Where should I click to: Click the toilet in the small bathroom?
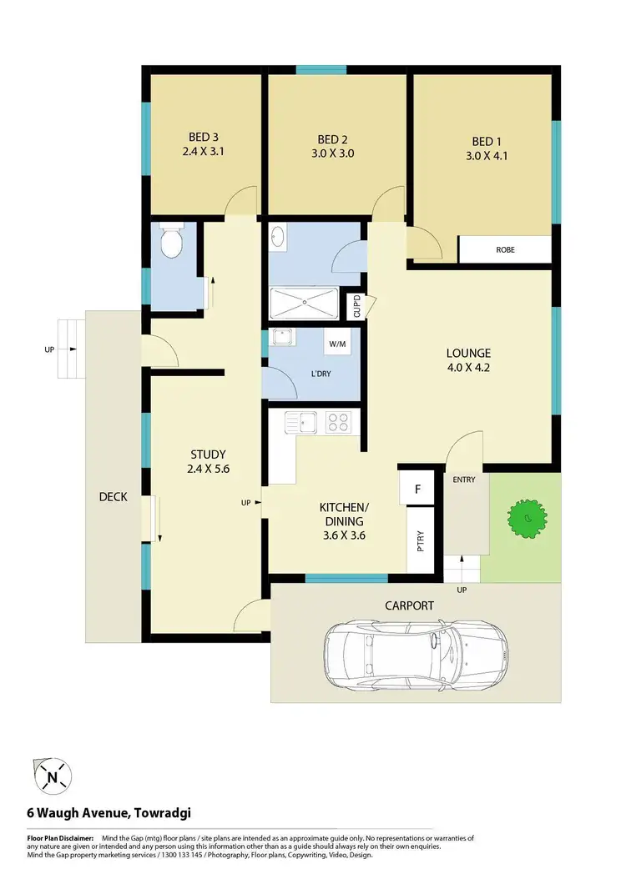[x=171, y=243]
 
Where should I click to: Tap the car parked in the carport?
[x=415, y=654]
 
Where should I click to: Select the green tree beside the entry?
[x=526, y=520]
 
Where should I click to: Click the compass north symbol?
[x=53, y=777]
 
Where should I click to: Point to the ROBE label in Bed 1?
[x=505, y=249]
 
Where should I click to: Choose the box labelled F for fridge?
[x=417, y=489]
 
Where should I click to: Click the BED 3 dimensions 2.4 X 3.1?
[x=204, y=153]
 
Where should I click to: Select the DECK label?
[x=114, y=497]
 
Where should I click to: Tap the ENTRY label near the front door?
[x=464, y=480]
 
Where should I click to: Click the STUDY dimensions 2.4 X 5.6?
[x=209, y=469]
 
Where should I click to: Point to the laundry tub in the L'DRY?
[x=282, y=339]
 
